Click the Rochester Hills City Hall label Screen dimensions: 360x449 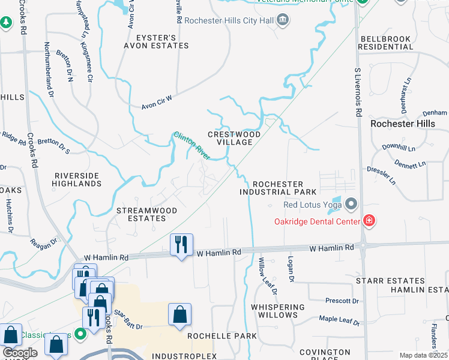(229, 20)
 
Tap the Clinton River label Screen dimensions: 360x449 (191, 146)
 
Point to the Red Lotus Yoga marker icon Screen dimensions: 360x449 (351, 205)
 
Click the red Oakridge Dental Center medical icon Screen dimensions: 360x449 (369, 221)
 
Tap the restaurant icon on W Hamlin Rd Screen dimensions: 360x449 (181, 245)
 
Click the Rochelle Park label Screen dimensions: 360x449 (222, 336)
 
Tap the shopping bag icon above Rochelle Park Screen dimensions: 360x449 (179, 314)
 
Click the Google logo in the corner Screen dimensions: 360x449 (20, 353)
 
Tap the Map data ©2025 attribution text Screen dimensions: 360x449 (423, 355)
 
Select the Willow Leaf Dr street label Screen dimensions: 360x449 (268, 276)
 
